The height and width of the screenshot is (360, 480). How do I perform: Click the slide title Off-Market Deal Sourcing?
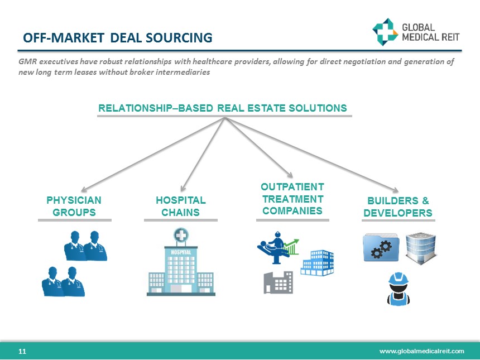click(x=117, y=38)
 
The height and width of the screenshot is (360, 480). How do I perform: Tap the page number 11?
click(x=22, y=351)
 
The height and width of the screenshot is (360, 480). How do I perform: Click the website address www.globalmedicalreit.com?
click(x=421, y=351)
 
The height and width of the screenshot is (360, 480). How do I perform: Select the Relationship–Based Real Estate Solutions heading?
click(x=222, y=108)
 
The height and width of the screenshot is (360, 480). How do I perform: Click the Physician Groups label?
click(x=74, y=206)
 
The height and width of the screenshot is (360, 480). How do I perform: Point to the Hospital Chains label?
click(x=180, y=206)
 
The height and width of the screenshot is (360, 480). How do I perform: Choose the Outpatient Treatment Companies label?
click(x=292, y=199)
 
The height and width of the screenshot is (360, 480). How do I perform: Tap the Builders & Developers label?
click(x=397, y=206)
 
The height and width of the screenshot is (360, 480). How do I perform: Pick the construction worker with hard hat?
click(x=399, y=289)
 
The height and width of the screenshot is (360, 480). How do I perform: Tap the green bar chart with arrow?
click(x=292, y=246)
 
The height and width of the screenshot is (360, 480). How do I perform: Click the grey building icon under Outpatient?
click(x=278, y=282)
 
